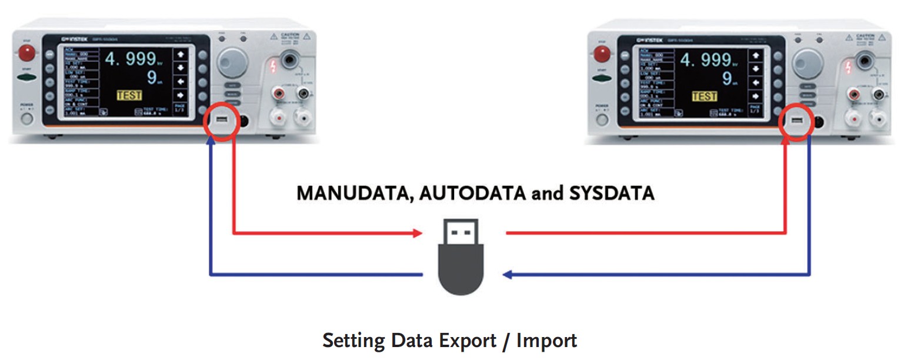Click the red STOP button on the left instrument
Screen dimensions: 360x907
tap(26, 53)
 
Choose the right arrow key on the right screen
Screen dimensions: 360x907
tap(756, 95)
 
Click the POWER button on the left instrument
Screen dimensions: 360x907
tap(26, 119)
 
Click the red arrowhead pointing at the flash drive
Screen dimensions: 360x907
tap(418, 234)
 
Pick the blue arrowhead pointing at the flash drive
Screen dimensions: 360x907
tap(506, 275)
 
